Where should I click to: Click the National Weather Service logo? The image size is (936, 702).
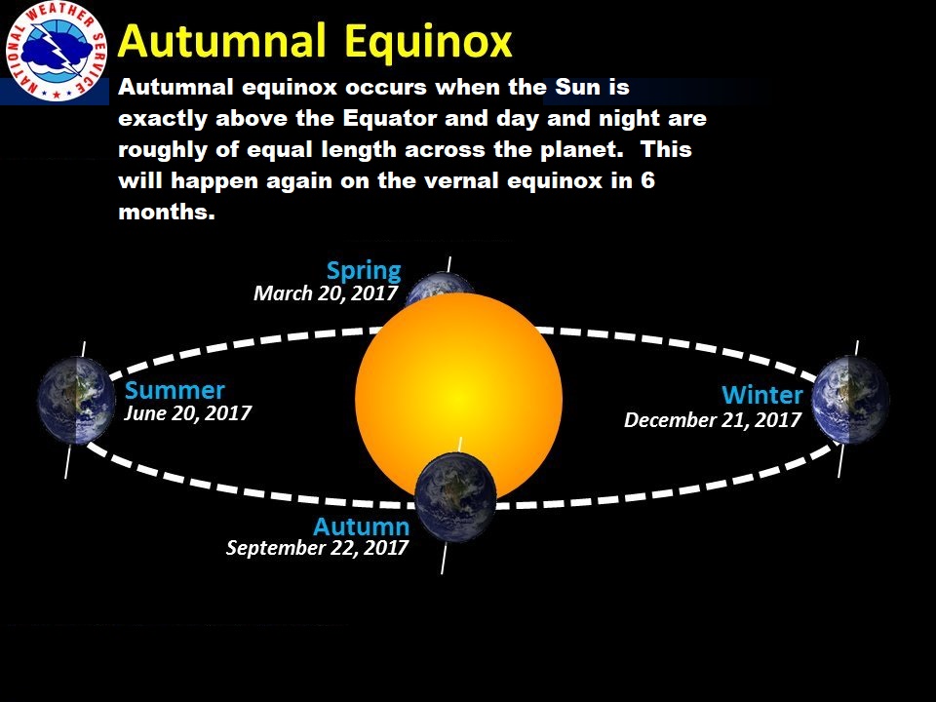click(56, 52)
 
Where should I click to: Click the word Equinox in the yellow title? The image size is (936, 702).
click(428, 42)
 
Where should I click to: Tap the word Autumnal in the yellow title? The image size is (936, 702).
click(221, 41)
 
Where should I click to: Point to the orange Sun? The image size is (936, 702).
click(458, 396)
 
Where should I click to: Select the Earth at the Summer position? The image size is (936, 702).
click(76, 400)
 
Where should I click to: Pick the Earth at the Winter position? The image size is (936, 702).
click(850, 400)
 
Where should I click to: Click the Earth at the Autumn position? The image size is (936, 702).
click(455, 496)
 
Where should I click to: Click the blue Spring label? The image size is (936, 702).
click(364, 271)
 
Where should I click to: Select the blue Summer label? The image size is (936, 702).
click(175, 390)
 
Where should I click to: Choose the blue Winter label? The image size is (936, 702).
click(761, 395)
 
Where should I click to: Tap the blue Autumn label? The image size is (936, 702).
click(361, 526)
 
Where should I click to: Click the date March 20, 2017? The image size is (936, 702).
click(326, 293)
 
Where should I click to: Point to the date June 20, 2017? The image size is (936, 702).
click(187, 413)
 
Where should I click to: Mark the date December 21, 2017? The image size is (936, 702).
click(712, 420)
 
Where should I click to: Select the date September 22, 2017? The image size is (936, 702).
click(317, 548)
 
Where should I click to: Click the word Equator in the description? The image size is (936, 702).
click(390, 118)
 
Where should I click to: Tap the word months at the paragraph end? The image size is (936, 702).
click(167, 212)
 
